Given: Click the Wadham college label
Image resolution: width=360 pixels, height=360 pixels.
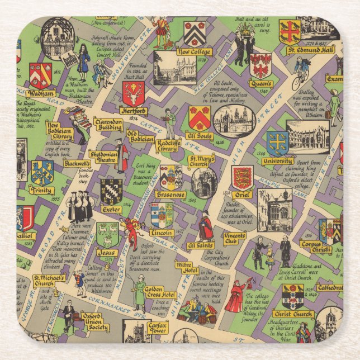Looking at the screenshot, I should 41,93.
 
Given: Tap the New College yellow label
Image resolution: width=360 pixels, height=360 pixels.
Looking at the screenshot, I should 193,52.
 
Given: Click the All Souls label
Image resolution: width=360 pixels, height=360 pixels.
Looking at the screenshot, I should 200,135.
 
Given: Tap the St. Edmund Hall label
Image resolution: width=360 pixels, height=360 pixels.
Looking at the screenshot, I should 310,50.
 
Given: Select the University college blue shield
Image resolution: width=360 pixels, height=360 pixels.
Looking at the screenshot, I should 277,143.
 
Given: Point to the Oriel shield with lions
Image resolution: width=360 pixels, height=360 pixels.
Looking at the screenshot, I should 242,178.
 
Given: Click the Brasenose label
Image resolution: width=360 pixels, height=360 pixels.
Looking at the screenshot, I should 170,195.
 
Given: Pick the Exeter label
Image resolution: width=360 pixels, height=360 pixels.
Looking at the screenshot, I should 112,210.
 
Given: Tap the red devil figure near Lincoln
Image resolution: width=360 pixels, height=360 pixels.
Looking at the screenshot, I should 132,231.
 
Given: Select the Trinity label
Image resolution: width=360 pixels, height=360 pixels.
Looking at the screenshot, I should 42,191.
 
